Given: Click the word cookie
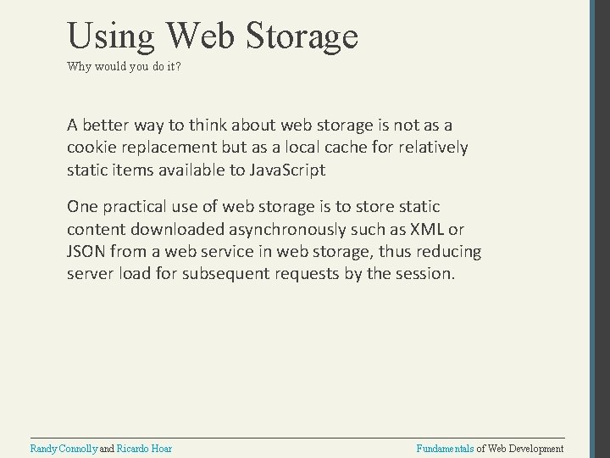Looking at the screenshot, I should tap(91, 147).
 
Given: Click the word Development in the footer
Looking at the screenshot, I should tap(535, 448).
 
